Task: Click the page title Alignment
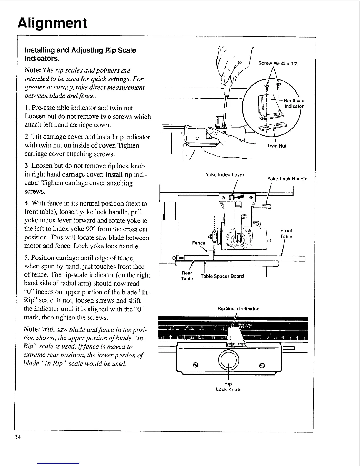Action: click(52, 23)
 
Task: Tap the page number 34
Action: click(17, 437)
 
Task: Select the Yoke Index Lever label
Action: click(225, 174)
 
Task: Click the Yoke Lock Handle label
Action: click(287, 179)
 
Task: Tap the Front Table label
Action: click(286, 234)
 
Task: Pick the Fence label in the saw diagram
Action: click(199, 243)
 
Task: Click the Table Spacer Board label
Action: click(222, 276)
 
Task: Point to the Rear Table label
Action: click(187, 276)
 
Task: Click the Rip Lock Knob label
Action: click(228, 387)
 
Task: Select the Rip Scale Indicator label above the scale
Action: click(238, 309)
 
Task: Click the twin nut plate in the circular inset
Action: click(269, 127)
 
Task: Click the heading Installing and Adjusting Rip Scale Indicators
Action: click(80, 54)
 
